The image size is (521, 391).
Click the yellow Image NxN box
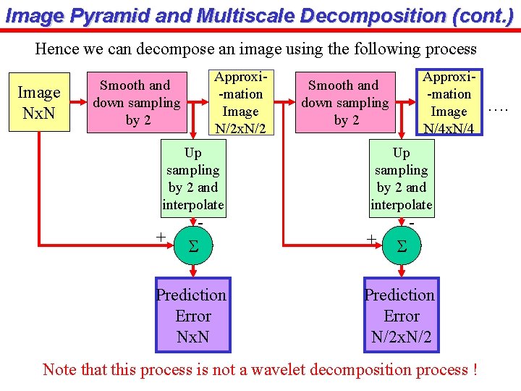coord(39,102)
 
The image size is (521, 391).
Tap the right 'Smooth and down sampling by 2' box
coord(346,102)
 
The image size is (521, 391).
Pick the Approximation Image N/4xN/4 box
coord(449,102)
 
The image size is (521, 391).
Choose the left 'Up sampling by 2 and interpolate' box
coord(192,179)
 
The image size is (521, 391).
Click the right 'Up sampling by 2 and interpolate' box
coord(401,179)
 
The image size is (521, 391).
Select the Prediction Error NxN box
coord(192,316)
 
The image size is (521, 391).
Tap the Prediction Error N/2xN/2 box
coord(401,316)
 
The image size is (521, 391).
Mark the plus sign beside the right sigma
coord(370,238)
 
